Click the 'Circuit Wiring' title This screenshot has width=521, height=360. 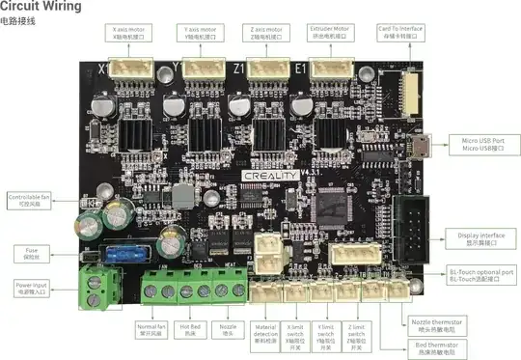pyautogui.click(x=41, y=7)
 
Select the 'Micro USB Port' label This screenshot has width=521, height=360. pyautogui.click(x=482, y=145)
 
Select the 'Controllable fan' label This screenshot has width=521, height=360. pyautogui.click(x=26, y=200)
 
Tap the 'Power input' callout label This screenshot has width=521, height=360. pyautogui.click(x=33, y=288)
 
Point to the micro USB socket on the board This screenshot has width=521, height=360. pyautogui.click(x=422, y=147)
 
